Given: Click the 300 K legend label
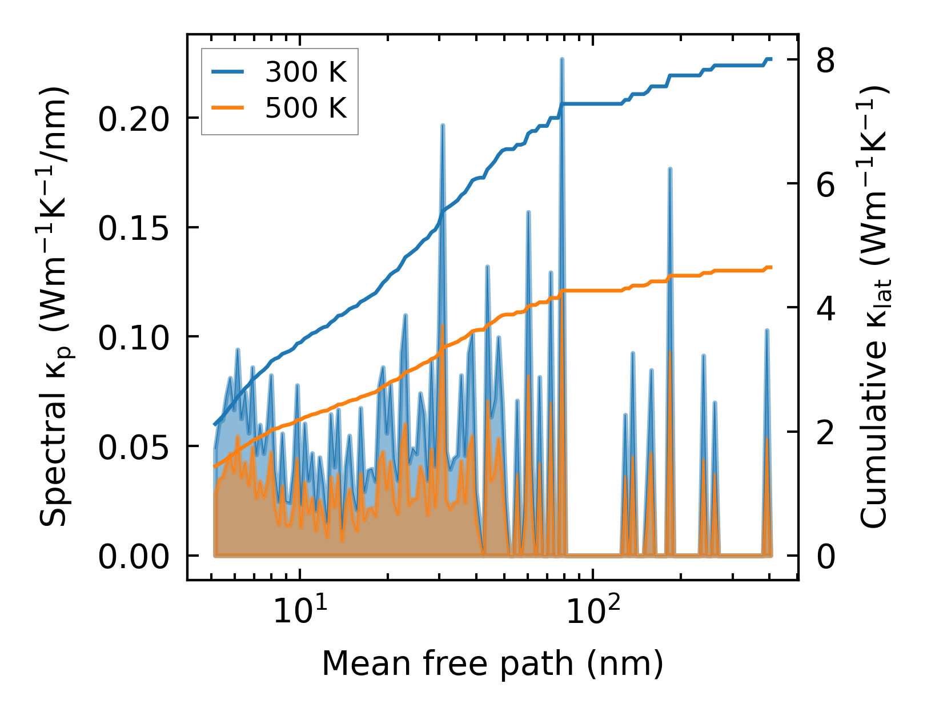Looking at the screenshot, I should coord(306,73).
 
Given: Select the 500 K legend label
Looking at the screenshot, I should coord(306,108).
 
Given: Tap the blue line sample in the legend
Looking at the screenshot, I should coord(228,73).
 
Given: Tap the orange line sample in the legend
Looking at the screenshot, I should coord(228,108).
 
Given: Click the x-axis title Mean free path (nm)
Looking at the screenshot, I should coord(492,664).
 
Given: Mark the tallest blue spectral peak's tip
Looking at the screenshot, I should coord(562,59).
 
